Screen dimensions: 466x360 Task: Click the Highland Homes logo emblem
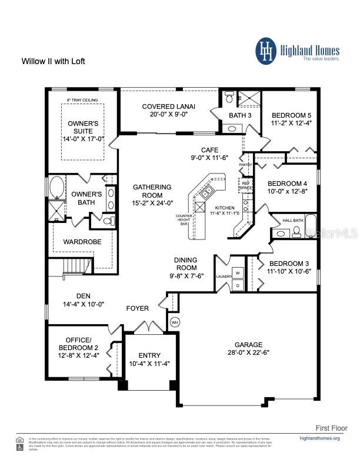click(x=265, y=51)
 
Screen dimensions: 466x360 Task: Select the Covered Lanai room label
click(x=169, y=106)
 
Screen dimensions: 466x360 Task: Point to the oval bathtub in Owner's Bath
click(x=56, y=188)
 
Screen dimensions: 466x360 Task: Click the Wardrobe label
click(x=82, y=242)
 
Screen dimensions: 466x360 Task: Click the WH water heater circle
click(x=174, y=322)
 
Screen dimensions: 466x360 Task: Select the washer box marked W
click(x=237, y=273)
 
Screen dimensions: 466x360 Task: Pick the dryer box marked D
click(x=237, y=285)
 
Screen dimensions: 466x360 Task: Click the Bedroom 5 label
click(x=291, y=115)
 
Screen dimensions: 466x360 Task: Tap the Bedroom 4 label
click(x=288, y=183)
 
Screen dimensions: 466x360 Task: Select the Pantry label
click(x=246, y=165)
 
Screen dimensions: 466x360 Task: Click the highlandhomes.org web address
click(x=319, y=438)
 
